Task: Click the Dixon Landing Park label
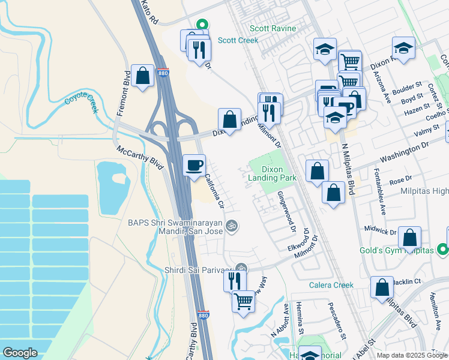[280, 174]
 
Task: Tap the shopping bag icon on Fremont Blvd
[143, 76]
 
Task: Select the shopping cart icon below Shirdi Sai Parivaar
[243, 301]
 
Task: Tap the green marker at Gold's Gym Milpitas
[442, 248]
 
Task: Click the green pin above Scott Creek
[203, 25]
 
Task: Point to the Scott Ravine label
[274, 28]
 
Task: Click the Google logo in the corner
[20, 353]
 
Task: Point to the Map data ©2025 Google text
[411, 355]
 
